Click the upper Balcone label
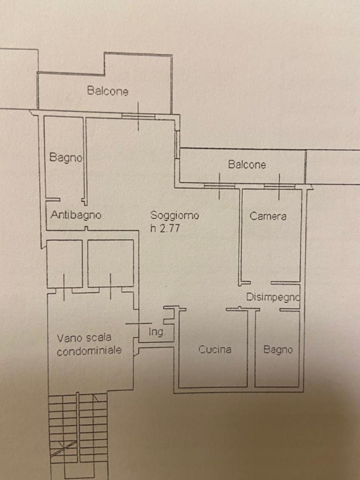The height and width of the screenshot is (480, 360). [108, 91]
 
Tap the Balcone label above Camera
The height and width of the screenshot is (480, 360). [247, 165]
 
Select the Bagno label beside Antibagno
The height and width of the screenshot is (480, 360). [66, 158]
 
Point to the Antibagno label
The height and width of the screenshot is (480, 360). [76, 215]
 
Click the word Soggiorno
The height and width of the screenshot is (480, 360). [174, 215]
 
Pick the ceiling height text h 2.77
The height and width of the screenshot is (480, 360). [165, 228]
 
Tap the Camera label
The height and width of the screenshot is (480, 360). [268, 216]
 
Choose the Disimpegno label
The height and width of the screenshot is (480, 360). [273, 297]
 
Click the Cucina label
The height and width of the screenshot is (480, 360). [214, 349]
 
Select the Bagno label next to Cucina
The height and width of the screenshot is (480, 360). [278, 350]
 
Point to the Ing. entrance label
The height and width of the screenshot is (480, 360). [157, 331]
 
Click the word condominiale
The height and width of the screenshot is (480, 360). [89, 350]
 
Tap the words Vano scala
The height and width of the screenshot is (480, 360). [84, 338]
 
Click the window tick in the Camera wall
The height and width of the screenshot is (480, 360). [279, 187]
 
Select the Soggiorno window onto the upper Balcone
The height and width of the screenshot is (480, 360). [138, 116]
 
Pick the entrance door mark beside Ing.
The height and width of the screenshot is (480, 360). [139, 323]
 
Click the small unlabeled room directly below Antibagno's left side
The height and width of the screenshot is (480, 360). [65, 263]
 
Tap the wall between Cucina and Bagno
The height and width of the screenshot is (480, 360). [251, 348]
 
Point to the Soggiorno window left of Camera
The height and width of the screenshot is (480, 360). [219, 186]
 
